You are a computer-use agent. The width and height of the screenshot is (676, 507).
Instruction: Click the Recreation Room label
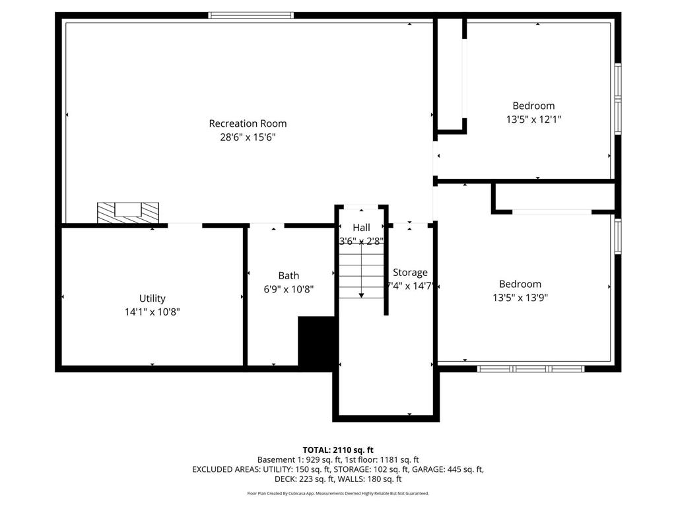248,123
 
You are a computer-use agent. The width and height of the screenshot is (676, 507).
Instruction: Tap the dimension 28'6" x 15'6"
248,137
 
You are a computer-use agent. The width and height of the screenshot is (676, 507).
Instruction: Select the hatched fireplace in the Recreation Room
128,212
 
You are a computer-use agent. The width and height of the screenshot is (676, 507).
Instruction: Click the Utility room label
152,298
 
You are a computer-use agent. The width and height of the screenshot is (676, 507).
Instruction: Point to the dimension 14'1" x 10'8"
152,312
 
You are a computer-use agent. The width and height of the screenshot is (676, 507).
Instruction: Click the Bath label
288,275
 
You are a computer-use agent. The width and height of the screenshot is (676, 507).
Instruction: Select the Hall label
361,228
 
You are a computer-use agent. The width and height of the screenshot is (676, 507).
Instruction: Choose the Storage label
410,272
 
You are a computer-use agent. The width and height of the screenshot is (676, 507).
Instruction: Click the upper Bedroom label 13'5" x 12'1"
533,106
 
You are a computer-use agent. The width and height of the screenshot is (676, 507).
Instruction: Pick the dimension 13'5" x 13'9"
520,298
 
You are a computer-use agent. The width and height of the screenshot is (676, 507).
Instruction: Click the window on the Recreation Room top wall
251,15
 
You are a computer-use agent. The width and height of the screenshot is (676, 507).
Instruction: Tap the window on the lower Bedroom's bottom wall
531,368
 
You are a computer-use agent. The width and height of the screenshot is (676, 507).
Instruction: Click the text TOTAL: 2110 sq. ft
338,450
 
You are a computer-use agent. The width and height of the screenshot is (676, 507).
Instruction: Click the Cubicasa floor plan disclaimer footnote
338,493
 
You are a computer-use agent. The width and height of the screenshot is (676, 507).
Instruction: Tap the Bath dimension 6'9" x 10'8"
288,289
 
